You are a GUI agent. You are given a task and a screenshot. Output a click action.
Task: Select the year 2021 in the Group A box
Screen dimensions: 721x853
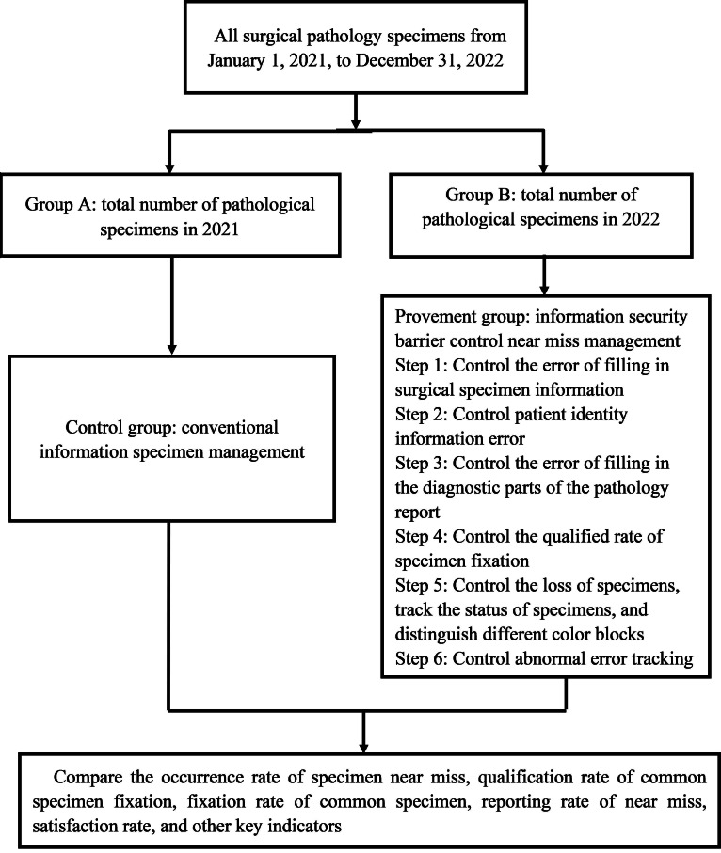click(220, 229)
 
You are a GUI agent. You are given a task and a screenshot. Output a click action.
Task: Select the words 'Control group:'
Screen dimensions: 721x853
click(120, 428)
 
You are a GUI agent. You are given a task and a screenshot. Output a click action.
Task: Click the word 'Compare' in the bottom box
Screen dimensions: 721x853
click(88, 778)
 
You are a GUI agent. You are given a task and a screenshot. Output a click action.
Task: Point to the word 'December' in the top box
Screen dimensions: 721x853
click(394, 60)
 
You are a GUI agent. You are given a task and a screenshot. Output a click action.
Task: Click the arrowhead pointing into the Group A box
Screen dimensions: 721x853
click(170, 167)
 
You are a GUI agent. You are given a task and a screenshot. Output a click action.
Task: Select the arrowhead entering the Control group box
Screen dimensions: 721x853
click(171, 349)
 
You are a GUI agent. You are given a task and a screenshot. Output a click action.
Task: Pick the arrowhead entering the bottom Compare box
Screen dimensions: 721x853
click(363, 746)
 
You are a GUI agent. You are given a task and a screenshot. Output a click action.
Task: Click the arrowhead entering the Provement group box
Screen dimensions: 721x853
click(543, 289)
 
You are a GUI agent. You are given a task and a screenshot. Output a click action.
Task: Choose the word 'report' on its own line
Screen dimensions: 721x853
click(418, 513)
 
